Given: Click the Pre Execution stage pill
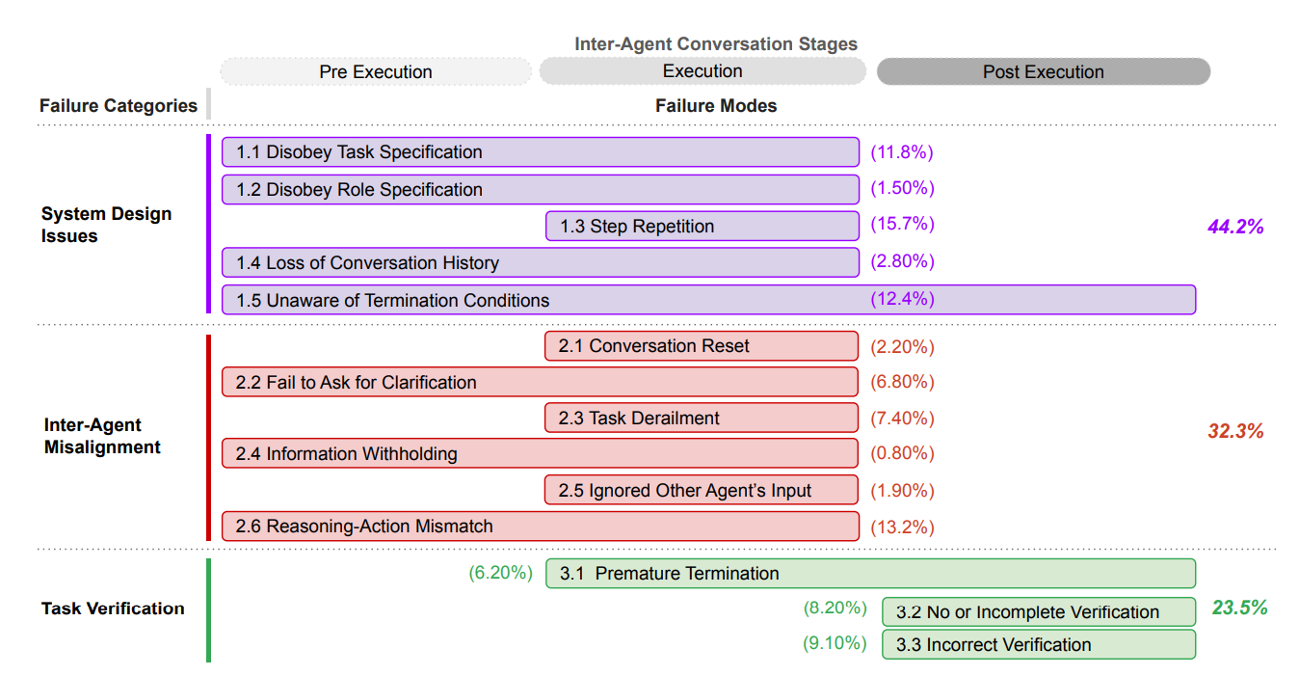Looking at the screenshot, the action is coord(376,71).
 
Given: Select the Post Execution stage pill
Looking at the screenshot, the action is coord(1044,71).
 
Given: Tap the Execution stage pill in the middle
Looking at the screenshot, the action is coord(703,70).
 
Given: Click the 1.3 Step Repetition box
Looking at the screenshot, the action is coord(703,226).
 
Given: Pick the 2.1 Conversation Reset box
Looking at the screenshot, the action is coord(702,346).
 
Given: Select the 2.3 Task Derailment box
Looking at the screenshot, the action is coord(702,418).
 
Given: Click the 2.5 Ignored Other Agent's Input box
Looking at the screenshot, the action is coord(702,490).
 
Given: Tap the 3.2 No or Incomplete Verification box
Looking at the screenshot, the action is coord(1039,611).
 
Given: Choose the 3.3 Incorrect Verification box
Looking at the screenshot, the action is coord(1039,644).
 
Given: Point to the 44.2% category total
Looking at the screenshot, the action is coord(1235,227).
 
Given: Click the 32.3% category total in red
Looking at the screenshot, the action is coord(1235,431).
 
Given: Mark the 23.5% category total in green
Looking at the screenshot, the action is coord(1239,608).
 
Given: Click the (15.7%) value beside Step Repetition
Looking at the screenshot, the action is coord(902,224).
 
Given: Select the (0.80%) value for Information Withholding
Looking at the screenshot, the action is coord(902,452).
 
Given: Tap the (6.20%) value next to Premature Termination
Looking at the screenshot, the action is coord(500,573).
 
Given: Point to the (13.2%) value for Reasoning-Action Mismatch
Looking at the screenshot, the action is coord(902,527).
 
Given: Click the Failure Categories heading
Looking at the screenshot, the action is coord(119,106).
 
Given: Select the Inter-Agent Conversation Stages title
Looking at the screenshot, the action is coord(716,43).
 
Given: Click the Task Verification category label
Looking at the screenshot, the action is coord(113,608).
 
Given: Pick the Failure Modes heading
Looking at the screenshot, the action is coord(716,106).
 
